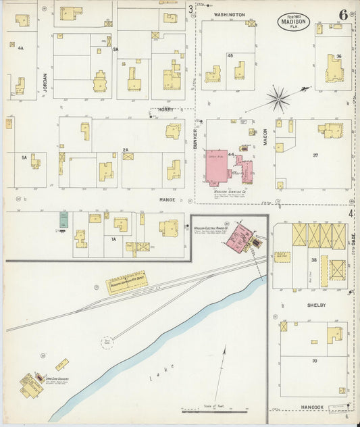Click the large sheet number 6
coord(344,15)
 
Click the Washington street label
coord(228,14)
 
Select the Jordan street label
coord(45,82)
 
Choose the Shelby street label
coord(317,305)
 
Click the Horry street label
coord(165,109)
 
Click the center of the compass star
coord(277,99)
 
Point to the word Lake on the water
coord(164,367)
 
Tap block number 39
coord(314,361)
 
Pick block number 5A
coord(24,157)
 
